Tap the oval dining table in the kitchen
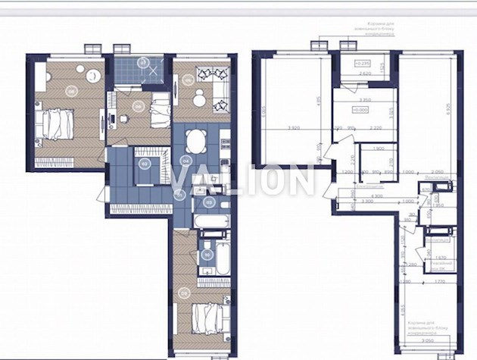pos(196,140)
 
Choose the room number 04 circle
pos(185,161)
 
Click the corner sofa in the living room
pos(212,83)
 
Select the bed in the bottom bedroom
pos(202,319)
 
